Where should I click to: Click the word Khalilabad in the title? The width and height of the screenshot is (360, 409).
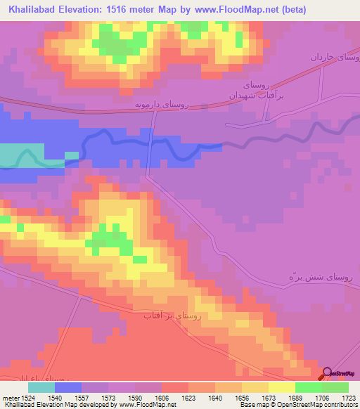point(29,10)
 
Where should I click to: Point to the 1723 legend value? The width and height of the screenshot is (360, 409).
point(349,398)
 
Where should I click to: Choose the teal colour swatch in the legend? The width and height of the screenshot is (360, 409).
point(41,387)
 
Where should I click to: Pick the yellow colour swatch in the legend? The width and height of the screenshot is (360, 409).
point(282,387)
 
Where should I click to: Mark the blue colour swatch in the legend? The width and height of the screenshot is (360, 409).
point(68,387)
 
